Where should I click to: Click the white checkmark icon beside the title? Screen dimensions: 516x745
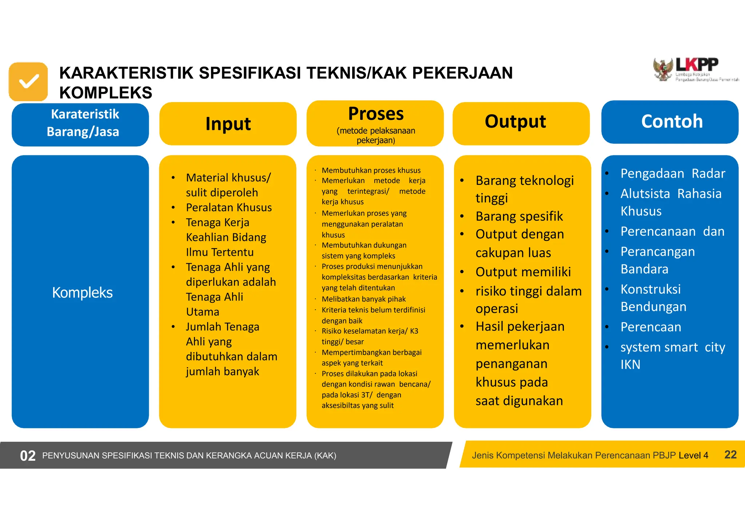(28, 82)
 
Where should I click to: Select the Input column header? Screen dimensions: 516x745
(228, 124)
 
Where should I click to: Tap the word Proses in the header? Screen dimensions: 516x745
(375, 114)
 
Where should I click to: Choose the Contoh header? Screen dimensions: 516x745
(670, 122)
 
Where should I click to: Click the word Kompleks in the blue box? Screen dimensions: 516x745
(82, 293)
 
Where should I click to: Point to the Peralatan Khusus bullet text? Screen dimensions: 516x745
(228, 207)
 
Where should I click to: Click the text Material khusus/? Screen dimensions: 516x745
(228, 178)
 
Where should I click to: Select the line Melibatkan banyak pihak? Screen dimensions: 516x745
(363, 299)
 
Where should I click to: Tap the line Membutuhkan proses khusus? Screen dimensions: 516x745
(371, 170)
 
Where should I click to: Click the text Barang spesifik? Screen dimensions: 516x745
(519, 217)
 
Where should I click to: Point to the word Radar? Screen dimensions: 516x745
(708, 174)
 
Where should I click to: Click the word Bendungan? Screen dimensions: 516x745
(653, 307)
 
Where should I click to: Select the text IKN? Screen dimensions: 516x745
(630, 365)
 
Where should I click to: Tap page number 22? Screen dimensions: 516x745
(730, 455)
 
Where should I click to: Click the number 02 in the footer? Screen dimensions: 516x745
(28, 456)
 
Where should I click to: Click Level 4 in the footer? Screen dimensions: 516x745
(693, 455)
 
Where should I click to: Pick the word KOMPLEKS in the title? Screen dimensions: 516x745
(105, 93)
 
